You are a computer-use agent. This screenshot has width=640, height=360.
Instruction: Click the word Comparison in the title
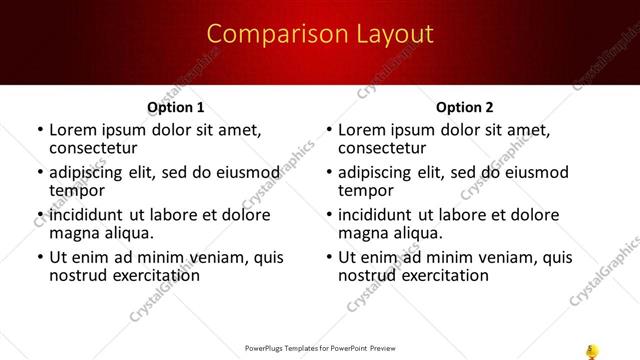pyautogui.click(x=266, y=34)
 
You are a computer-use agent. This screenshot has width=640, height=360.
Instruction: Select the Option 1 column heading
pyautogui.click(x=176, y=107)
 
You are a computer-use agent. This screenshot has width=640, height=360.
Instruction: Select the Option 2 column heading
pyautogui.click(x=465, y=107)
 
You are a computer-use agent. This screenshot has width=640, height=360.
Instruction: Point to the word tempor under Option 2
pyautogui.click(x=365, y=189)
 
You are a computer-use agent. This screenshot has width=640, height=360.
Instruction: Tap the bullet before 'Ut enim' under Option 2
pyautogui.click(x=329, y=258)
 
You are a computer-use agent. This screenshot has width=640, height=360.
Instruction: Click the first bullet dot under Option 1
pyautogui.click(x=40, y=130)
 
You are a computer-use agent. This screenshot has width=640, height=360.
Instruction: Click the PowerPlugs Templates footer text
pyautogui.click(x=320, y=349)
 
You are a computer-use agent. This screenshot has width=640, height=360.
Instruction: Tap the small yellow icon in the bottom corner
pyautogui.click(x=591, y=349)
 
